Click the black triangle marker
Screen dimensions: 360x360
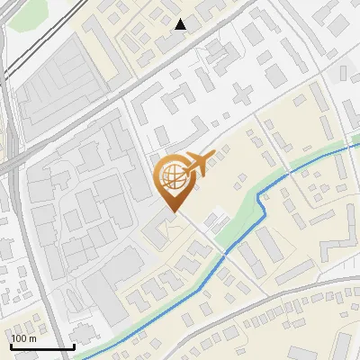pos(181,24)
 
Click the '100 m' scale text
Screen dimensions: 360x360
pos(23,338)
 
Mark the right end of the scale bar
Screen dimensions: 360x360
pos(73,346)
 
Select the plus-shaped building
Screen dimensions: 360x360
pos(241,94)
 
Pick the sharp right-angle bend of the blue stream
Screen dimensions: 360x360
pos(263,200)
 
